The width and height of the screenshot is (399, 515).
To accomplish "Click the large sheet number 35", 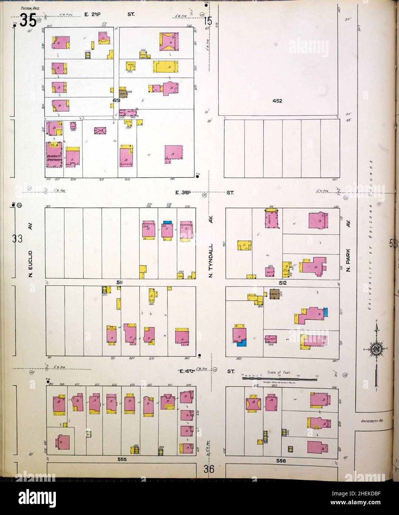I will [x=28, y=20].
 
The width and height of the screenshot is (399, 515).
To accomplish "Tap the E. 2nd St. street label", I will [x=109, y=14].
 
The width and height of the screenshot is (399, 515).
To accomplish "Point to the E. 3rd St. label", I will [x=205, y=193].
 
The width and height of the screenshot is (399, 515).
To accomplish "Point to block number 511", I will [x=120, y=282].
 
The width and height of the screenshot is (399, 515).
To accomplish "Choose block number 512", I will [x=283, y=282].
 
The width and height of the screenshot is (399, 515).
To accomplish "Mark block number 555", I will [x=122, y=459].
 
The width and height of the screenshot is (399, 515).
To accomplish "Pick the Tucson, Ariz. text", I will [x=31, y=7].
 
